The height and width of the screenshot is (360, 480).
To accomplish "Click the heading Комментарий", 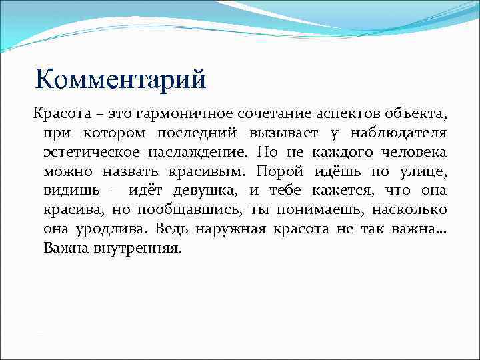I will point(121,79).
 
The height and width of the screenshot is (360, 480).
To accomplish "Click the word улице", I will point(423,172).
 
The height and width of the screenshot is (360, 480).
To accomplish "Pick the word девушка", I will point(199,191).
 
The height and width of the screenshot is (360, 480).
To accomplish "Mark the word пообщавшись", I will point(190,211).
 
